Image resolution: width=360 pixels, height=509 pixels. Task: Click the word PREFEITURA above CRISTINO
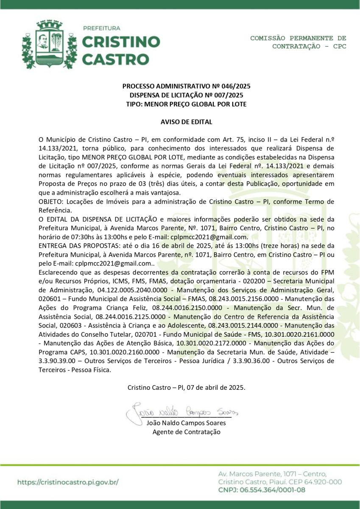click(x=101, y=28)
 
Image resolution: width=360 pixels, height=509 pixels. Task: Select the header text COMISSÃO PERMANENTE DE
click(x=298, y=38)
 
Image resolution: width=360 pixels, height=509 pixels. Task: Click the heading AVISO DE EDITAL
click(x=186, y=122)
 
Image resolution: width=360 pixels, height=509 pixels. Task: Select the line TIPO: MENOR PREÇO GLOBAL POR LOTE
click(x=186, y=104)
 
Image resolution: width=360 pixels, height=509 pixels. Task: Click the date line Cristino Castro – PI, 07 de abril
click(x=186, y=387)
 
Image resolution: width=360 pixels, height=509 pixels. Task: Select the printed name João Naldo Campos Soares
click(x=186, y=422)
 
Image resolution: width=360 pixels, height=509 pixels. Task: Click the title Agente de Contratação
click(x=187, y=432)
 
